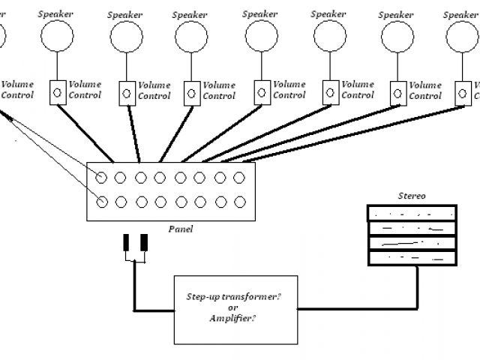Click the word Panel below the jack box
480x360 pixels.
pos(181,229)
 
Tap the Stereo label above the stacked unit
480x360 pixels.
pos(412,196)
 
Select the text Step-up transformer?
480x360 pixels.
pos(233,297)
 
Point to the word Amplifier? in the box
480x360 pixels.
pos(232,318)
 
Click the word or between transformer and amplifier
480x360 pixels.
pos(233,307)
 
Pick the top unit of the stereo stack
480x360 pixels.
pos(412,213)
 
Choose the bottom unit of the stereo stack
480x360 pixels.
pos(412,258)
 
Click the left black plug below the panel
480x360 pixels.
pos(126,242)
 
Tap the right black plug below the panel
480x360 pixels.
pos(144,242)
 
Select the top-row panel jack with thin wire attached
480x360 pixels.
pos(101,178)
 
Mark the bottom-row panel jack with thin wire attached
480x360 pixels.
pos(102,202)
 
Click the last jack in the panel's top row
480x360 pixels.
pos(239,178)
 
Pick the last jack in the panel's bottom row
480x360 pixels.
pos(240,202)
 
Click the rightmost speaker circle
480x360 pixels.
pos(462,37)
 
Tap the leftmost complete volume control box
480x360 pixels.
pos(58,93)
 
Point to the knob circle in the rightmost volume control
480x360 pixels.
pos(463,93)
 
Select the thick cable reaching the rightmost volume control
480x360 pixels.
pos(353,133)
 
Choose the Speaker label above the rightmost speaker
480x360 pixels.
pos(460,15)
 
